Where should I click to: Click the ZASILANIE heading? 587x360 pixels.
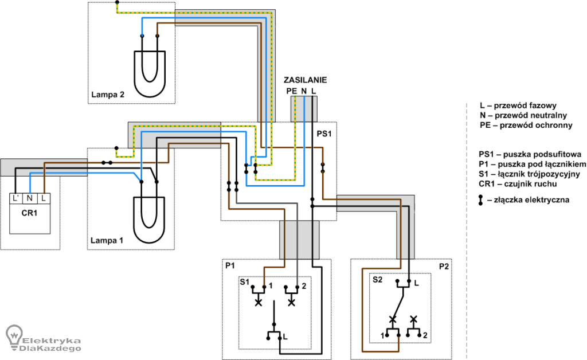click(x=305, y=80)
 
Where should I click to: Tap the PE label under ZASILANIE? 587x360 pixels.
click(x=292, y=91)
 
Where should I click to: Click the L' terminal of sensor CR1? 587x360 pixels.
click(x=15, y=198)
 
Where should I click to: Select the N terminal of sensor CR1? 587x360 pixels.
click(x=30, y=198)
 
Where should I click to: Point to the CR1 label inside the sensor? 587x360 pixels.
click(x=29, y=213)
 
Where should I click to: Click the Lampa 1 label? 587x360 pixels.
click(x=107, y=240)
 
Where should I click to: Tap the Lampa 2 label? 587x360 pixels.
click(x=107, y=95)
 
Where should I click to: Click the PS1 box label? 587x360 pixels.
click(x=324, y=134)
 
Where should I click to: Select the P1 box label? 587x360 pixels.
click(x=230, y=265)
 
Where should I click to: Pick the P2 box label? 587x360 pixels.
click(x=444, y=267)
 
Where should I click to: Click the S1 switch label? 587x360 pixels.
click(x=244, y=282)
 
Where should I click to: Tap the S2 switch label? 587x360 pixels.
click(x=377, y=280)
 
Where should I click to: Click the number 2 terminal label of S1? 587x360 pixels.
click(x=304, y=286)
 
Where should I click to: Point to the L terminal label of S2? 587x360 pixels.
click(x=416, y=284)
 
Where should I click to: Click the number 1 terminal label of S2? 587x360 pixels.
click(x=382, y=336)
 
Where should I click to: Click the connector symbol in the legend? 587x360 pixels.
click(x=481, y=200)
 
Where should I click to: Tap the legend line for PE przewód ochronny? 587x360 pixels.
click(x=526, y=126)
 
